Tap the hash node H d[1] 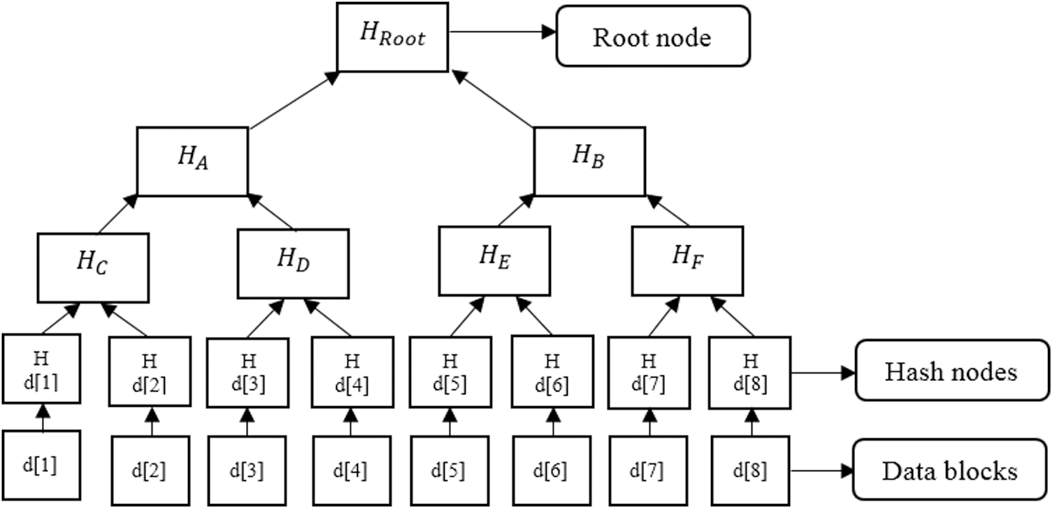tap(41, 370)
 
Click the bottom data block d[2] tap(152, 469)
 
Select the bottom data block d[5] tap(449, 469)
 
